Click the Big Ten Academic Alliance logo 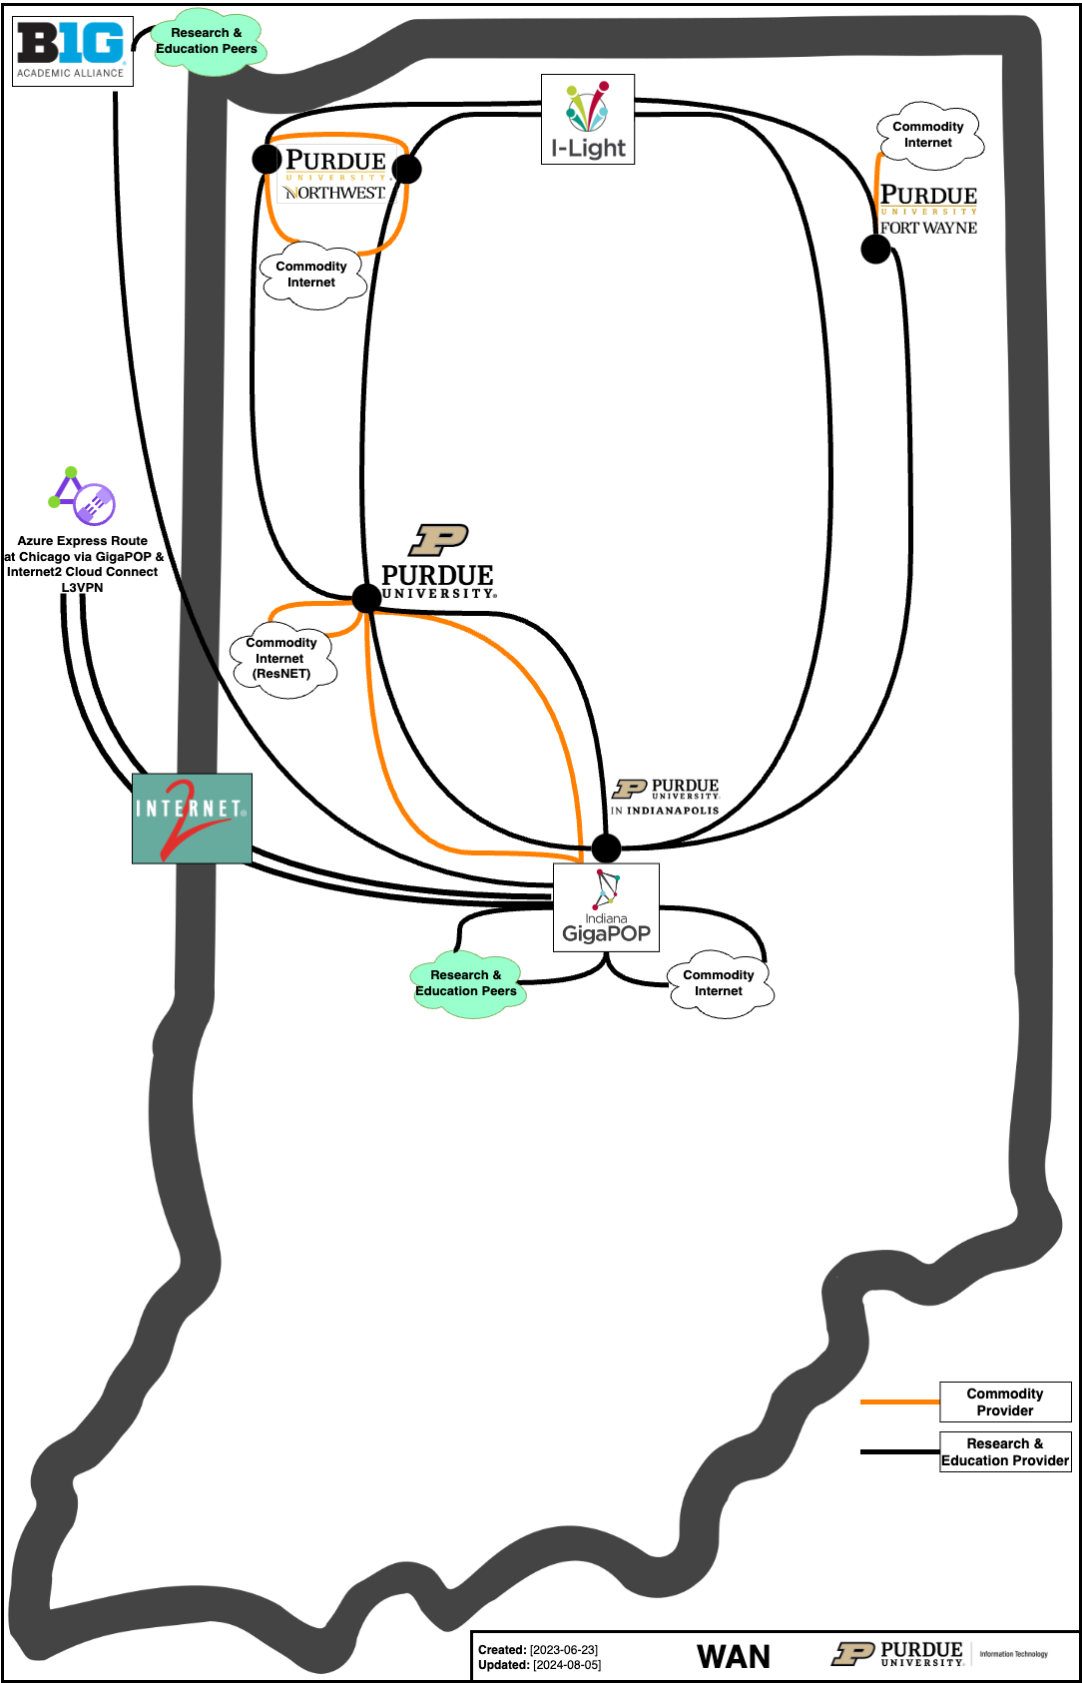72,50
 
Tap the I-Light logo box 588,119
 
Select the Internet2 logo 192,818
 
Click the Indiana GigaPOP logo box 606,906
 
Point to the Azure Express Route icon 83,496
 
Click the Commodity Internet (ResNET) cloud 282,659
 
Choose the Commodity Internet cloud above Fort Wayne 929,135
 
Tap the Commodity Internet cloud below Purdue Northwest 312,275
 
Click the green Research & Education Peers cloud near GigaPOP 466,983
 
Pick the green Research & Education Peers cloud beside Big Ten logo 207,42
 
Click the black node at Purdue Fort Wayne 875,249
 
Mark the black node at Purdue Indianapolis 606,847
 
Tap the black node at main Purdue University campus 366,597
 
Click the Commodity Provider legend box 1005,1402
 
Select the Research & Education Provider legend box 1005,1451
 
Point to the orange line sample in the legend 899,1402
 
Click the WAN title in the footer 734,1657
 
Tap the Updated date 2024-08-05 567,1665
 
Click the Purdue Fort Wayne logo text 928,210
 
